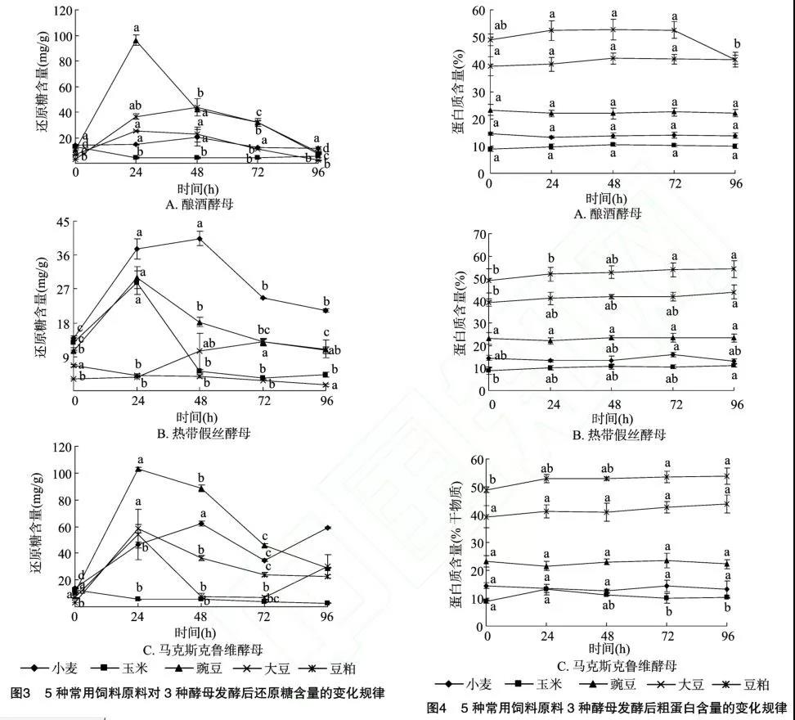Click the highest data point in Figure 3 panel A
tap(137, 40)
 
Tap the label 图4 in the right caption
tap(438, 708)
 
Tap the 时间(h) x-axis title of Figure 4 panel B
tap(613, 417)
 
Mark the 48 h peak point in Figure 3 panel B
tap(200, 238)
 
